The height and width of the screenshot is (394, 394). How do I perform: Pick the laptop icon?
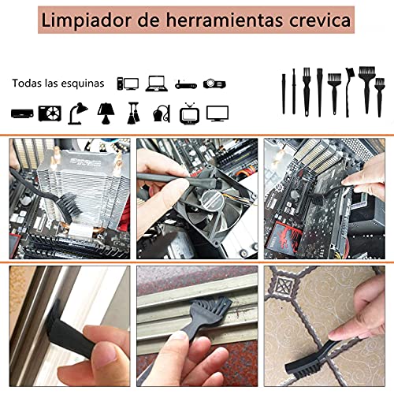[157, 83]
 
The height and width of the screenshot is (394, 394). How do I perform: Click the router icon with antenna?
[184, 84]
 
